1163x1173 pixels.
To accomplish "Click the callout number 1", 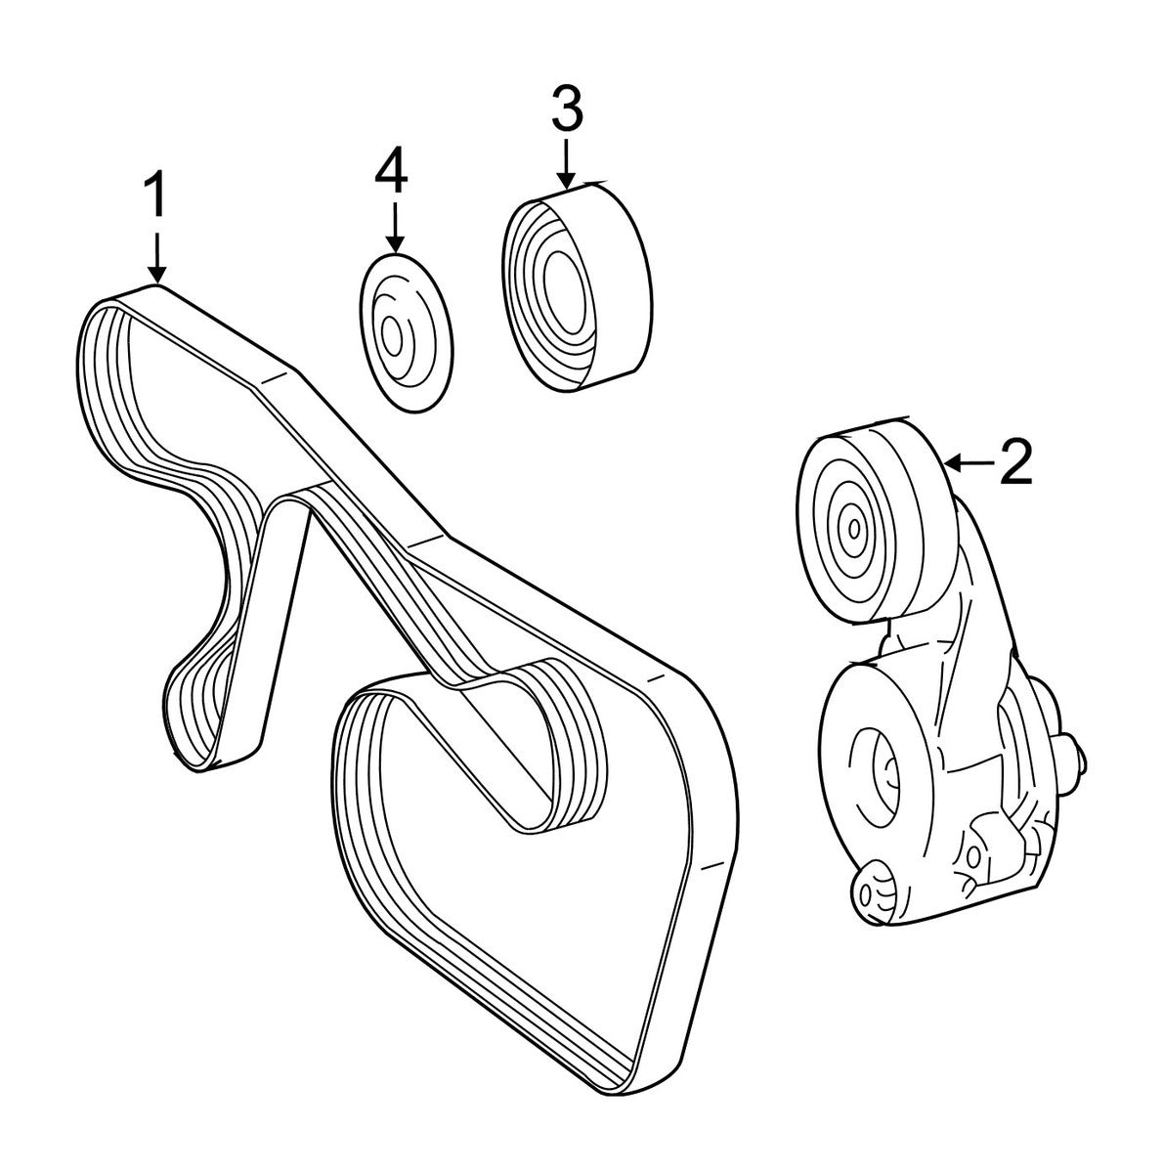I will (155, 196).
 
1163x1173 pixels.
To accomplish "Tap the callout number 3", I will (567, 109).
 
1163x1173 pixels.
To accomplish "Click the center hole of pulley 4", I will (393, 337).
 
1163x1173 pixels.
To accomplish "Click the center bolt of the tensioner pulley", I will (854, 529).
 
